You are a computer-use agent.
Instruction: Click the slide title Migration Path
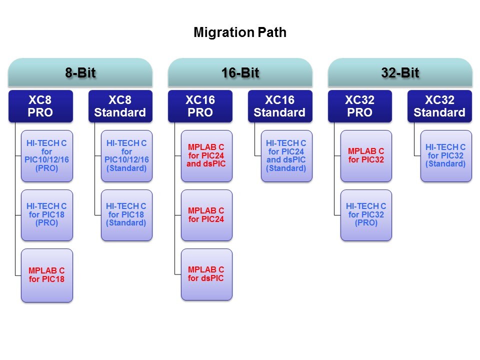click(240, 33)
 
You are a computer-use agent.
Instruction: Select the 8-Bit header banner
click(80, 73)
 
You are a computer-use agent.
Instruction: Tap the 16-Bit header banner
click(240, 73)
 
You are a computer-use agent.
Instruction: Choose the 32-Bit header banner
click(400, 73)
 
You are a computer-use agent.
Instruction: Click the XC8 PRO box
click(40, 106)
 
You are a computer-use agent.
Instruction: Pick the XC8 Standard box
click(120, 106)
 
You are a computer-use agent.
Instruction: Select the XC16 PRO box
click(200, 106)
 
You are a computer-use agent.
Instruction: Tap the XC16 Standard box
click(280, 106)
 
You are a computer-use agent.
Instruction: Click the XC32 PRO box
click(360, 106)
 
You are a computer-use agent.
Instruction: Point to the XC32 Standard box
click(440, 106)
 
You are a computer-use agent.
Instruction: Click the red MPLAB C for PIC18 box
click(47, 275)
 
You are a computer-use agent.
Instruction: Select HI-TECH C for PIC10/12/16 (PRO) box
click(47, 156)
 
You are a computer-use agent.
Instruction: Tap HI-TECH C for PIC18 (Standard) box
click(126, 215)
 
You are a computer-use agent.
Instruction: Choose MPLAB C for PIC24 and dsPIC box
click(206, 156)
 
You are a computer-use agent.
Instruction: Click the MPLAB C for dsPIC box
click(206, 274)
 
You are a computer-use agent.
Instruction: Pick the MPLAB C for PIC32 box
click(366, 156)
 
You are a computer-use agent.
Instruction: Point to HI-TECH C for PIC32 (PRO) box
click(366, 215)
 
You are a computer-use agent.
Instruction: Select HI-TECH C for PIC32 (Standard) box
click(445, 156)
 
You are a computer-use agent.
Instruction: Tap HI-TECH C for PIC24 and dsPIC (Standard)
click(286, 156)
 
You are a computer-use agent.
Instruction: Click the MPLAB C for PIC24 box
click(206, 215)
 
